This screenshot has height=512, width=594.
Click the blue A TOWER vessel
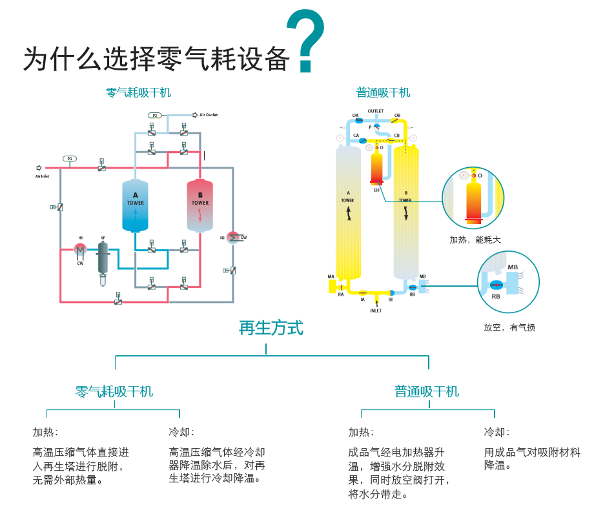[x=135, y=205]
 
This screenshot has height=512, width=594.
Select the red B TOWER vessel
[x=200, y=205]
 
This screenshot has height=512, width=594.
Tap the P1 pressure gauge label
[x=70, y=158]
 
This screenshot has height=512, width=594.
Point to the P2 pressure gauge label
[x=155, y=115]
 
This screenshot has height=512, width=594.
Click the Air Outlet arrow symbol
[x=195, y=115]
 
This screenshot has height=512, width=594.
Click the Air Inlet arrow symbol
[x=39, y=168]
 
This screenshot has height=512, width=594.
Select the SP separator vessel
[x=103, y=258]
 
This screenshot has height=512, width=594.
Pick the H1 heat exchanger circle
[x=80, y=249]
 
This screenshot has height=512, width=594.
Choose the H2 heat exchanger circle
[x=233, y=238]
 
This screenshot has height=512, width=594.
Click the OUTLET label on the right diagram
[x=376, y=111]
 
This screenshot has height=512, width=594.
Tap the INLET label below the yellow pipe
[x=376, y=311]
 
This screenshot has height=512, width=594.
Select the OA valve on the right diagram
[x=358, y=120]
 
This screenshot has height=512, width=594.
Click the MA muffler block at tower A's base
[x=333, y=284]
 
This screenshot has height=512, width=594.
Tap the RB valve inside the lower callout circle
[x=497, y=285]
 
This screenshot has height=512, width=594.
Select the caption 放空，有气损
[x=509, y=327]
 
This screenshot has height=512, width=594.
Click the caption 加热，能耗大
[x=475, y=240]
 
